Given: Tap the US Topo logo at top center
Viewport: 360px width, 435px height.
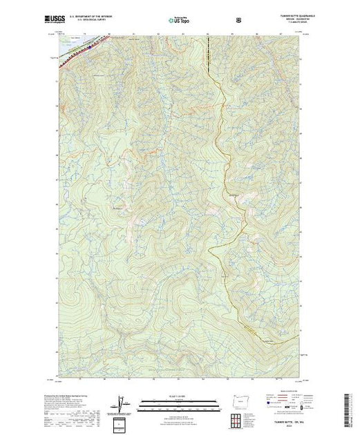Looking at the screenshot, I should (180, 19).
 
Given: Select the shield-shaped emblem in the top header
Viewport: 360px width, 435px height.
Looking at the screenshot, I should (238, 19).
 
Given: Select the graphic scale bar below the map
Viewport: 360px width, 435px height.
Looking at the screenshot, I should (179, 402).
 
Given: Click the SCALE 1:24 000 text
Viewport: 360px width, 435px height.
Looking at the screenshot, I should (179, 397).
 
